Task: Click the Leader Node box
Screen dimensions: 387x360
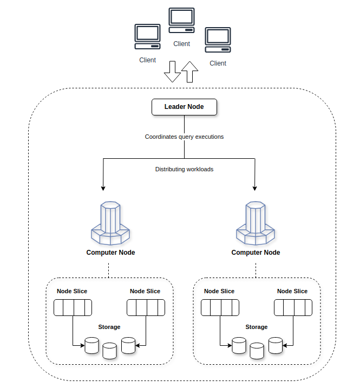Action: (184, 107)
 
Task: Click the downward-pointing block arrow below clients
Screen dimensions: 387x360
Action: (172, 72)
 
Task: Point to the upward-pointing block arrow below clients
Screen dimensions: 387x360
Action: (189, 71)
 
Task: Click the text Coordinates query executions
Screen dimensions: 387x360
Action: (184, 137)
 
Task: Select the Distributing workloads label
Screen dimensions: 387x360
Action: (184, 170)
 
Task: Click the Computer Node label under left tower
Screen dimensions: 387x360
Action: (110, 253)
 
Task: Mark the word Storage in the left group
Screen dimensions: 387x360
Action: (109, 327)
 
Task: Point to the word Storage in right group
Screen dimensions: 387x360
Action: (257, 327)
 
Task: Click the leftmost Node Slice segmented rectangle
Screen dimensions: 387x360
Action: (73, 308)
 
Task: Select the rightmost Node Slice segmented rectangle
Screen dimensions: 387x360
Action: (293, 308)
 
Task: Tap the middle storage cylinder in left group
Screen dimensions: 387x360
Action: (110, 350)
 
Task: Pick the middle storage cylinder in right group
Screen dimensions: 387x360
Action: (257, 350)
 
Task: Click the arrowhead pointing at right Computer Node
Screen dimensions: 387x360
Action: (255, 188)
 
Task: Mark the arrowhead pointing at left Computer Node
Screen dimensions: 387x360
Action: (102, 188)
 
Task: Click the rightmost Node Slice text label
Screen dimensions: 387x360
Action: (292, 292)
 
